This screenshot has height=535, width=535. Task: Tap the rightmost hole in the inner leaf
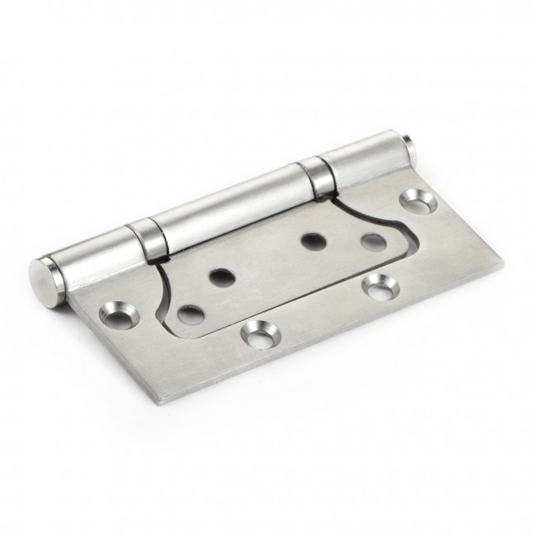point(371,243)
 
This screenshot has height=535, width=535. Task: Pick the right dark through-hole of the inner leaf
point(311,241)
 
